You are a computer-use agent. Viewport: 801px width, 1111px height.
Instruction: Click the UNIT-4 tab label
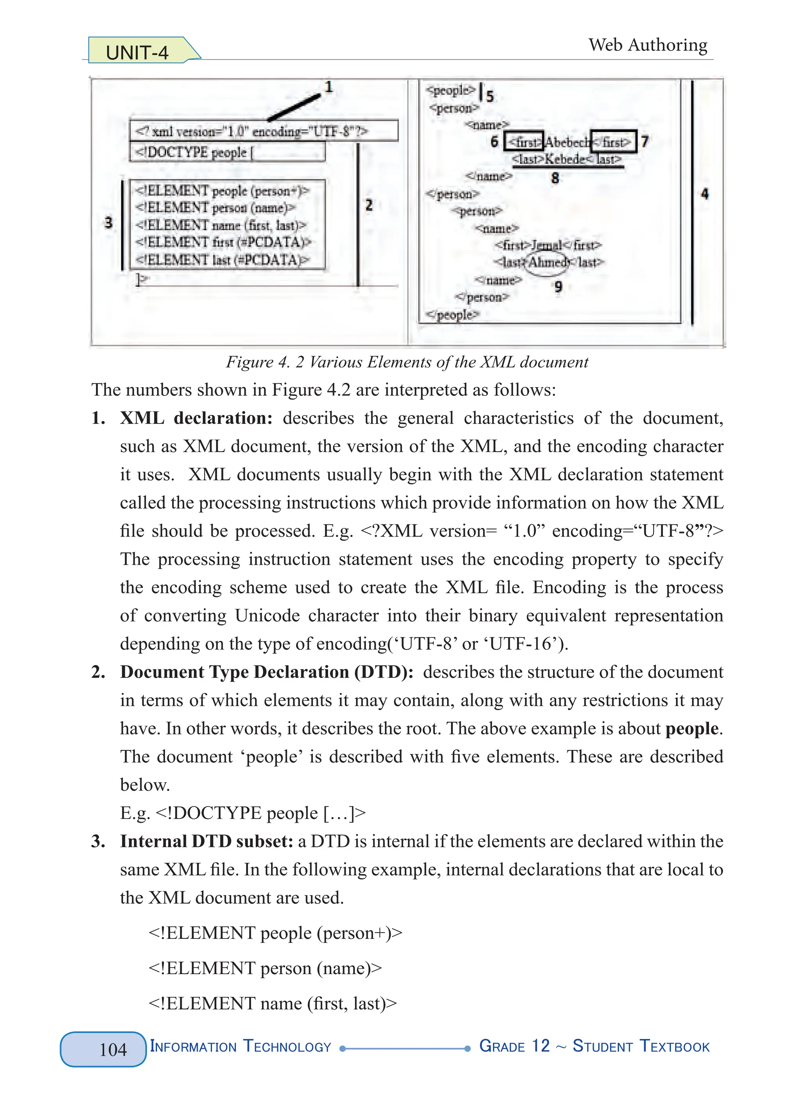[137, 52]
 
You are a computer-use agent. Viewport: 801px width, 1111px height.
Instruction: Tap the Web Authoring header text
[648, 45]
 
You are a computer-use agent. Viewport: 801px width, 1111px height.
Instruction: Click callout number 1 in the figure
[329, 87]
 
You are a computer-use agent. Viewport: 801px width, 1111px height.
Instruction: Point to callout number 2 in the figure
[369, 205]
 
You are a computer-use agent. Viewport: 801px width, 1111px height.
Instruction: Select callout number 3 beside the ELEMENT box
[108, 223]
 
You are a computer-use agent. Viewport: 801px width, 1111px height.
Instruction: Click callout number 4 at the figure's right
[704, 194]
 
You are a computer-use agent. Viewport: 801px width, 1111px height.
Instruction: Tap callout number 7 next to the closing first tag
[645, 142]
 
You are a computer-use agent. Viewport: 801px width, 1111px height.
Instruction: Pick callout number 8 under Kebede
[555, 178]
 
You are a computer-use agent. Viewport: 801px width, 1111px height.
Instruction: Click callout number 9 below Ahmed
[558, 287]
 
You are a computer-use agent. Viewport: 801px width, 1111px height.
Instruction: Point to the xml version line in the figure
[252, 131]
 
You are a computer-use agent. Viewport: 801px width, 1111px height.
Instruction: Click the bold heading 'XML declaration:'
[196, 418]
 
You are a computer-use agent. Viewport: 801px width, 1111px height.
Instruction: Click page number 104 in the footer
[113, 1049]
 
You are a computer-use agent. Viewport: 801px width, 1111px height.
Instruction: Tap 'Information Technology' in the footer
[240, 1047]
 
